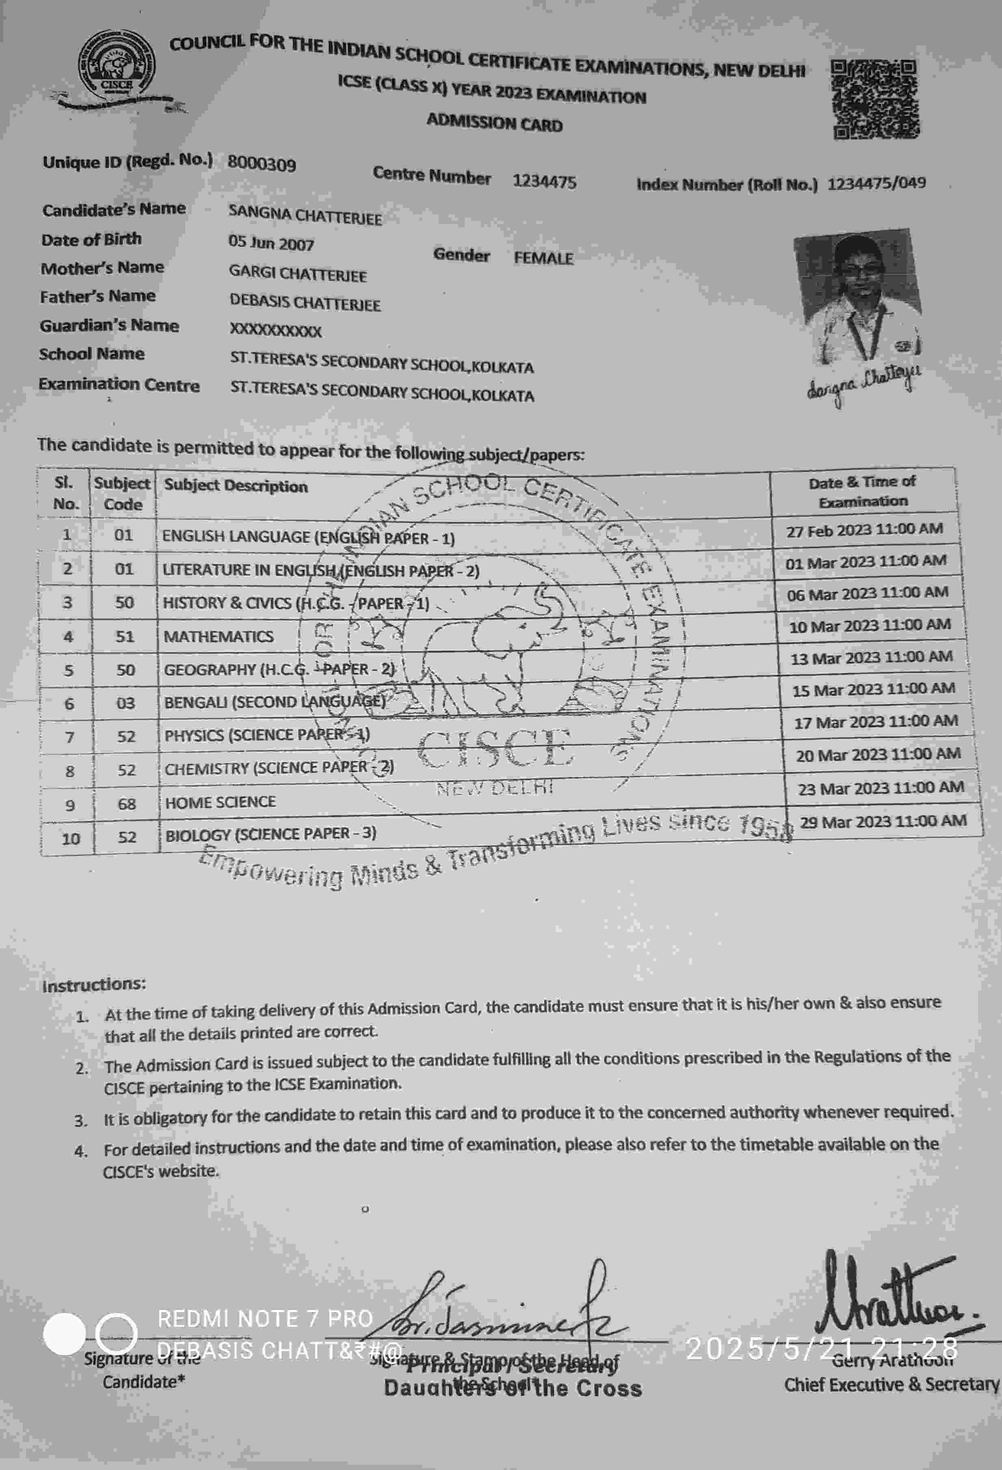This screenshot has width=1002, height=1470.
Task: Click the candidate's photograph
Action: [x=858, y=297]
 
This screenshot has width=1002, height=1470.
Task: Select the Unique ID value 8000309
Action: [x=262, y=164]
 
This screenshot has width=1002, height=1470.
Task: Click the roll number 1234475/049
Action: [x=876, y=183]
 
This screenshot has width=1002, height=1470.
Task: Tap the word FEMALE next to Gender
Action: [x=543, y=258]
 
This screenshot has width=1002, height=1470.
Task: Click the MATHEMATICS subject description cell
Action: [x=219, y=636]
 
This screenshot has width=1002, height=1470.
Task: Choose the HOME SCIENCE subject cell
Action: [x=220, y=802]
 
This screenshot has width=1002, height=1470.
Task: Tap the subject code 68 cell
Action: [x=127, y=804]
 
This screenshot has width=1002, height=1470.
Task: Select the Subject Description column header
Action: [x=236, y=486]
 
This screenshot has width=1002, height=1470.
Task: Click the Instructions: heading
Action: [x=94, y=985]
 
